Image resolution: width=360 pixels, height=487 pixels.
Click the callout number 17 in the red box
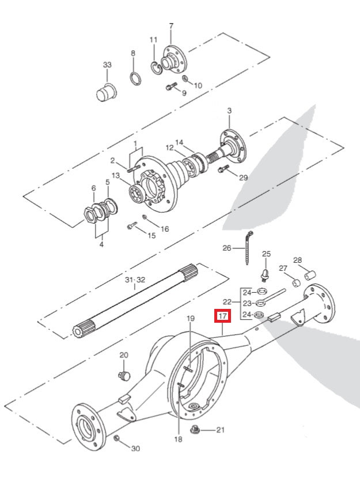coord(222,316)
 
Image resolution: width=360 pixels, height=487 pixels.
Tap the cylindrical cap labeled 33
coord(105,91)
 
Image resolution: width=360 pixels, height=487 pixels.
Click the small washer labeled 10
coord(184,79)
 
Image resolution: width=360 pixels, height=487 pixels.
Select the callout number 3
coord(229,111)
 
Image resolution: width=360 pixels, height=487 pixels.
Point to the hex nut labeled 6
coord(93,213)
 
